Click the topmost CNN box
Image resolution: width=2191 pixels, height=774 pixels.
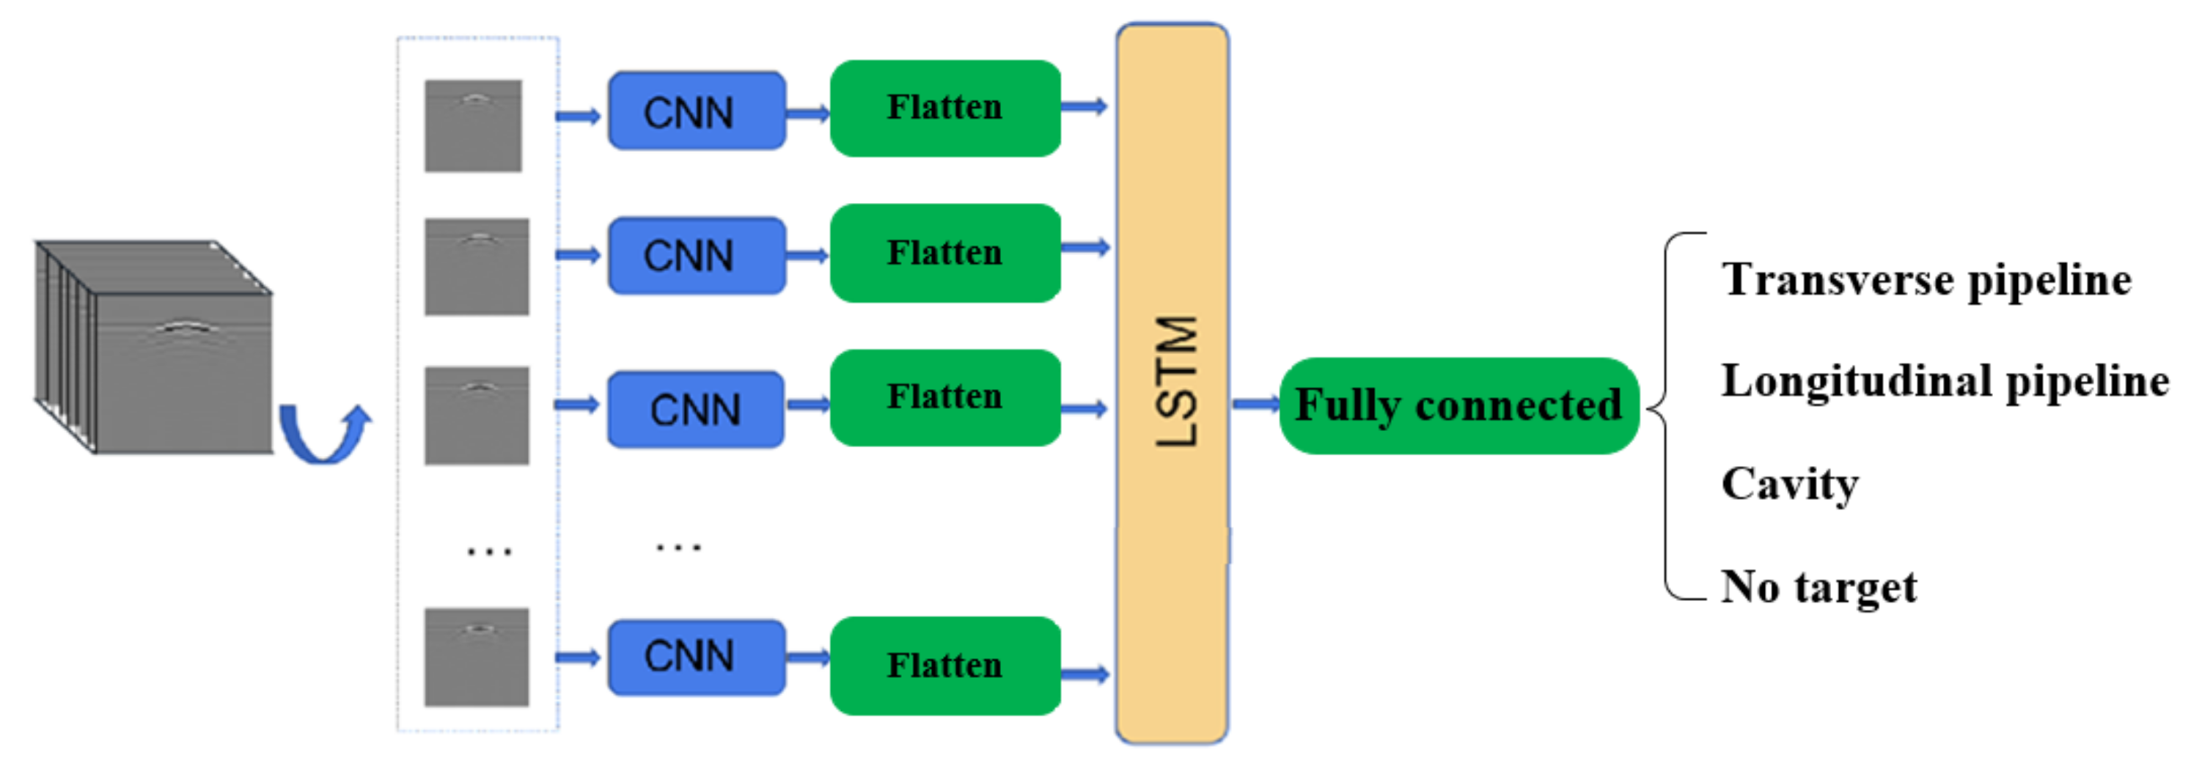697,111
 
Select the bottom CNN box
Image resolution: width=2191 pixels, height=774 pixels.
697,657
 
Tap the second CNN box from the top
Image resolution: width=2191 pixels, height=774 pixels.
697,255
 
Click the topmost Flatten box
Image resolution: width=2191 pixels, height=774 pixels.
945,108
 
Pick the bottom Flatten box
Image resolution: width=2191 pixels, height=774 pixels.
945,665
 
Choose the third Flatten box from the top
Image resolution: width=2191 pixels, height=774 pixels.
945,397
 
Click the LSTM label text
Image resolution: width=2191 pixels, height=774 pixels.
1177,381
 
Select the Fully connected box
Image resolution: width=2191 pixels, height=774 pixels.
1458,406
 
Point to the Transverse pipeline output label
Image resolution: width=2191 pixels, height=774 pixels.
1926,280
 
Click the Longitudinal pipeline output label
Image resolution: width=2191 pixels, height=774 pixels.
1945,381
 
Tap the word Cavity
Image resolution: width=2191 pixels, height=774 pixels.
1790,484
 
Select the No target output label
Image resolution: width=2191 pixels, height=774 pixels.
1819,587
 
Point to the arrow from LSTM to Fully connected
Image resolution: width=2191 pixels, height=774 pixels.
1255,404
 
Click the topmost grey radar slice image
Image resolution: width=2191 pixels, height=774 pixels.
473,126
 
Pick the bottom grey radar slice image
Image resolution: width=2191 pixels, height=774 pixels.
477,657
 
